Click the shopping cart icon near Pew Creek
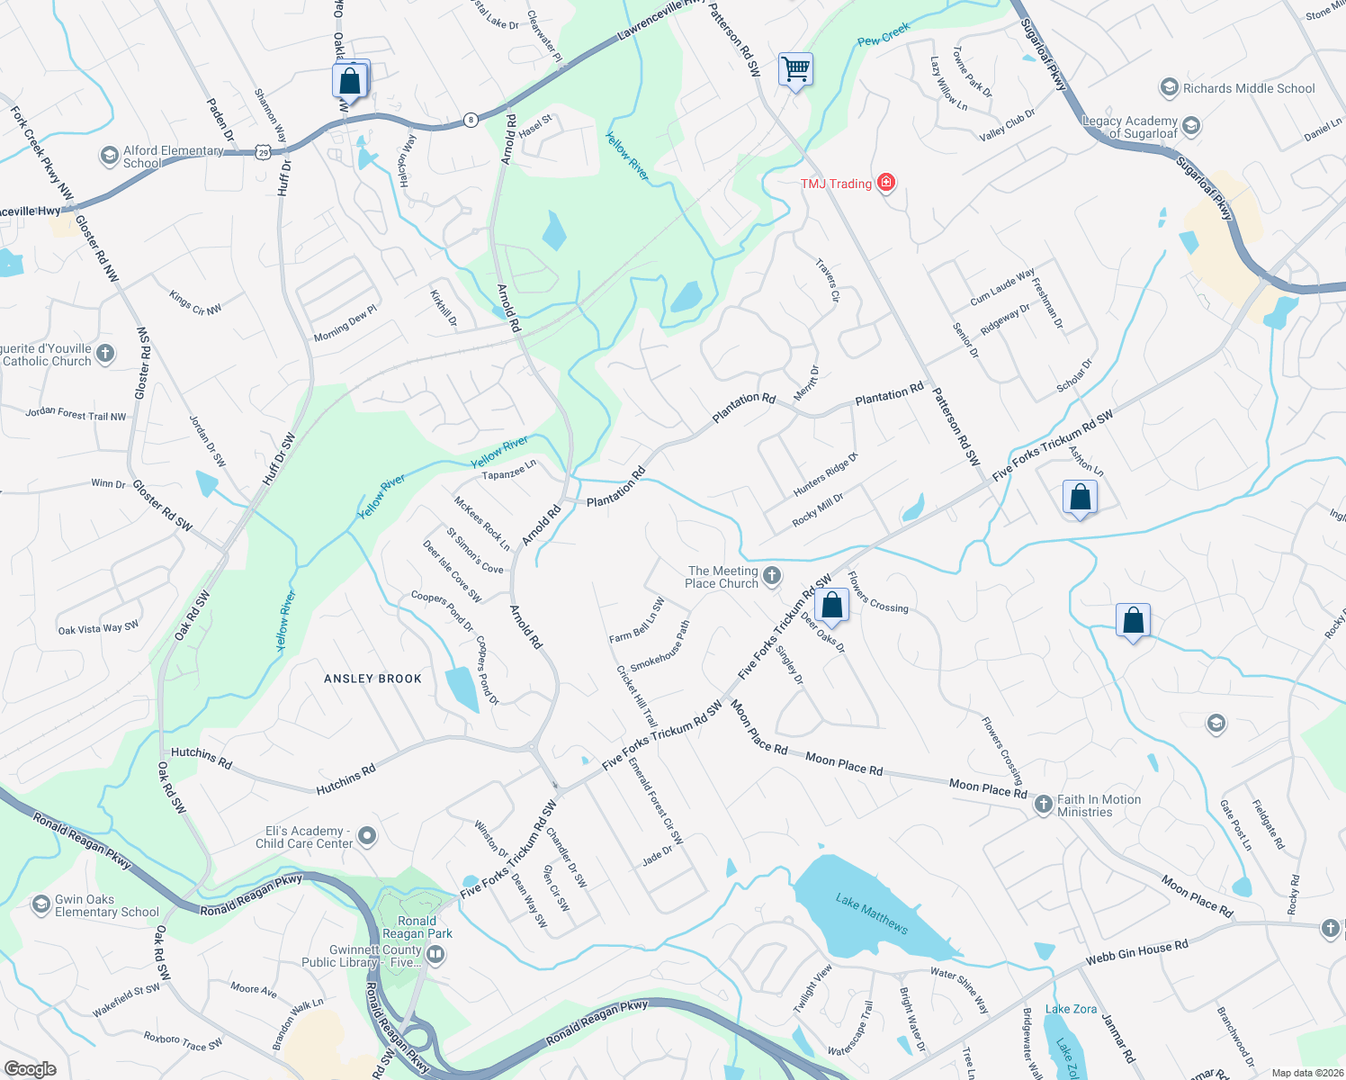795,69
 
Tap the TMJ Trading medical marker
886,183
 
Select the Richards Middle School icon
1169,87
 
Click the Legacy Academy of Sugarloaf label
1130,127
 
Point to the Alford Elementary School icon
109,157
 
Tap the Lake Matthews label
871,913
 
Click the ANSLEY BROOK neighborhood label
372,679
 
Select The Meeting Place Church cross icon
772,576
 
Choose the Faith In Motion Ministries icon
1043,805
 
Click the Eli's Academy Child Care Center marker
367,836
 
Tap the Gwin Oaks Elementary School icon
40,904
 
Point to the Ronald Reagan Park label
417,927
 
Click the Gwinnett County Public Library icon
435,955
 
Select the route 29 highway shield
263,152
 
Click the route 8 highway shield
470,120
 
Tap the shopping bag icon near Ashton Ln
1080,497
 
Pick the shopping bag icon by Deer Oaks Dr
832,605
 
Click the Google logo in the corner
30,1068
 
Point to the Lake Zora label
1071,1009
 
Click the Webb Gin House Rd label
1136,951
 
